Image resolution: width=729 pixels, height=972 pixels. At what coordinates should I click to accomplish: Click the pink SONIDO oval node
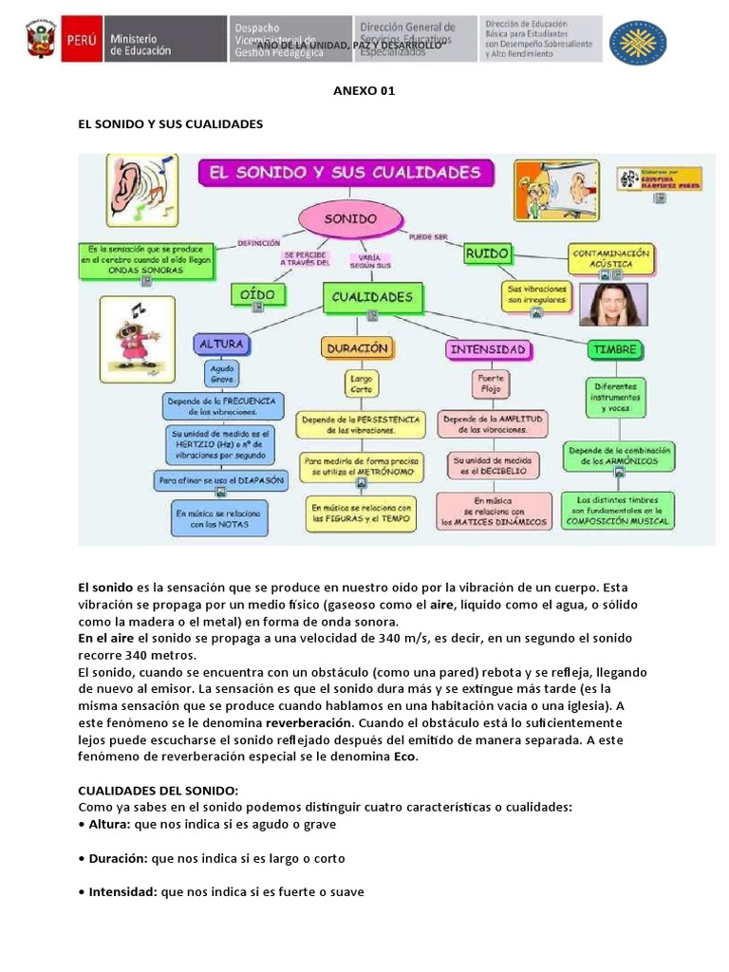pos(351,219)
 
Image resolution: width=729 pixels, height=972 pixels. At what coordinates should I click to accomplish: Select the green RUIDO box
pos(488,253)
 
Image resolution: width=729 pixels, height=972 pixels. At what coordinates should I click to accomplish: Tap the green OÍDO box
pos(257,295)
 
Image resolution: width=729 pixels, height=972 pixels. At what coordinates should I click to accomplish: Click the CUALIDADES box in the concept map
pos(372,297)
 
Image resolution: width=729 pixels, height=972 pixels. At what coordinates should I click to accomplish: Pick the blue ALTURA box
pos(221,343)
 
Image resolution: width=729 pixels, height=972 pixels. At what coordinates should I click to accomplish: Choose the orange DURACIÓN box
pos(358,348)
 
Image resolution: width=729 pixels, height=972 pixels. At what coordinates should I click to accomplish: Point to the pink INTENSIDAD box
pos(488,349)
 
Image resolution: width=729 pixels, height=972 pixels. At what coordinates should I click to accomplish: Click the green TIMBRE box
pos(614,349)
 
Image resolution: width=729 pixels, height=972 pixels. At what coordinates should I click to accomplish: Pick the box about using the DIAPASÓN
pos(221,480)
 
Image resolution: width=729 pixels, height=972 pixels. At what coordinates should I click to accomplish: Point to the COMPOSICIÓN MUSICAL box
pos(618,510)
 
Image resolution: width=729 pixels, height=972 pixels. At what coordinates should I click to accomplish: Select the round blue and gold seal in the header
pos(637,42)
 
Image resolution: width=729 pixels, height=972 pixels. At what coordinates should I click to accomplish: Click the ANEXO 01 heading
pos(364,91)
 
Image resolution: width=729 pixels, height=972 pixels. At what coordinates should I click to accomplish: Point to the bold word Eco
pos(405,757)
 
